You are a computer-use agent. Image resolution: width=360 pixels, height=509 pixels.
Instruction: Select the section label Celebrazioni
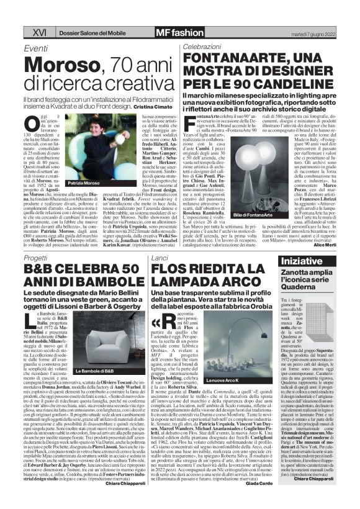202,47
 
